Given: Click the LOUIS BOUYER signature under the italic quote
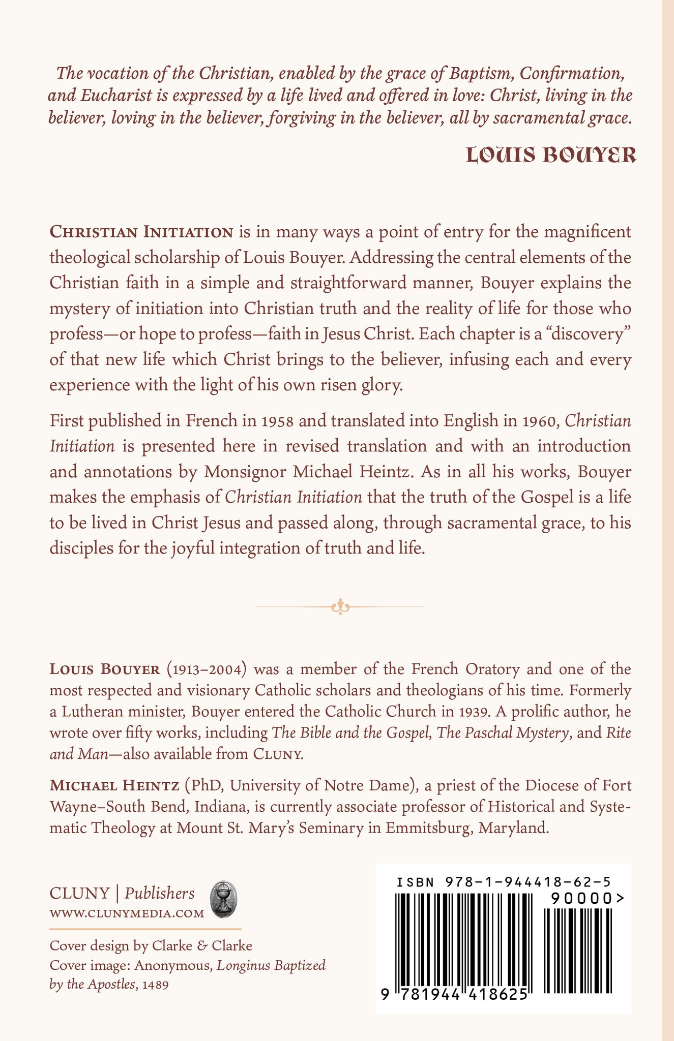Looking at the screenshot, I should click(551, 156).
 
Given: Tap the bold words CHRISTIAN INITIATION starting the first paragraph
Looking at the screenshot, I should click(141, 232).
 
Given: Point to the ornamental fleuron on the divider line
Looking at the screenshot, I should click(340, 606).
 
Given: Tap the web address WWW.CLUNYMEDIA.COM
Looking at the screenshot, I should click(127, 913).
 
